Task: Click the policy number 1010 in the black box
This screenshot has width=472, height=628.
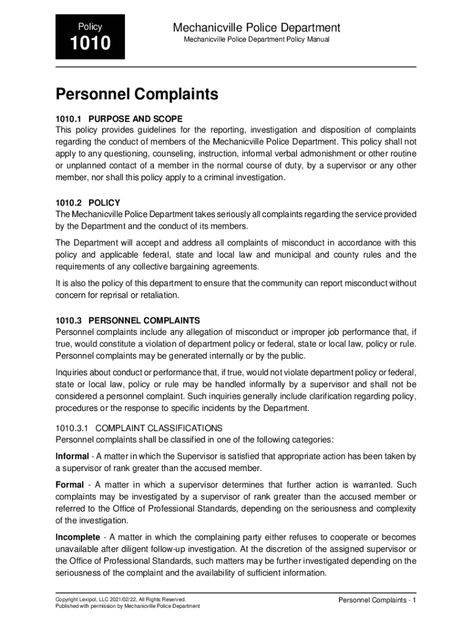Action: pos(89,44)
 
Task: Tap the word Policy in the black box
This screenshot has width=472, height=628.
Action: pos(89,27)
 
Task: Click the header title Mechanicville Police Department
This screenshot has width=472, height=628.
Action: pos(256,28)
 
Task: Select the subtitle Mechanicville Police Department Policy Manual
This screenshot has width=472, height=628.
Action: pos(257,40)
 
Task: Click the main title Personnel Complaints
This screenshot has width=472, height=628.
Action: pos(137,94)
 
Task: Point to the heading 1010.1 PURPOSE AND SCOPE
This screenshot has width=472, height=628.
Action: pos(119,119)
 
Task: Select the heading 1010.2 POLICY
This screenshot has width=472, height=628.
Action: pos(88,203)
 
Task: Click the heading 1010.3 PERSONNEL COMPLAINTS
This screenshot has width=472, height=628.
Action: pos(128,321)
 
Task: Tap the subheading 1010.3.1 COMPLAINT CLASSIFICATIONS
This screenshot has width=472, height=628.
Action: pos(139,428)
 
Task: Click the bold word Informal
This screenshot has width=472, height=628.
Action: pos(72,457)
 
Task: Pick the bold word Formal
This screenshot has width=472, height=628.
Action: pos(69,485)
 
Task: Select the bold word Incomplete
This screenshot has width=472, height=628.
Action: pos(77,537)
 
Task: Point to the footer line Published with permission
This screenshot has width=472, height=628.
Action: pos(128,607)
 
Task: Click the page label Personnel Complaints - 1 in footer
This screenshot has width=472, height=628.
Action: pos(377,600)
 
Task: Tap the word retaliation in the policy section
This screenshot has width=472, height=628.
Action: pos(156,296)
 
